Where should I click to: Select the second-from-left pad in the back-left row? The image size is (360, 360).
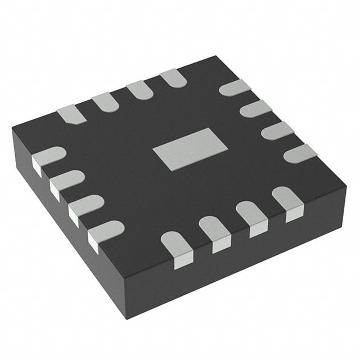105,102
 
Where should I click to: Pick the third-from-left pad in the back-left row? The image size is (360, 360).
139,90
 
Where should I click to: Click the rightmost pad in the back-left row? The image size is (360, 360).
173,78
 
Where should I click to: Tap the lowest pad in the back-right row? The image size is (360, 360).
299,153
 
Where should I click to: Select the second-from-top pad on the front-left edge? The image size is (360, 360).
66,181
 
